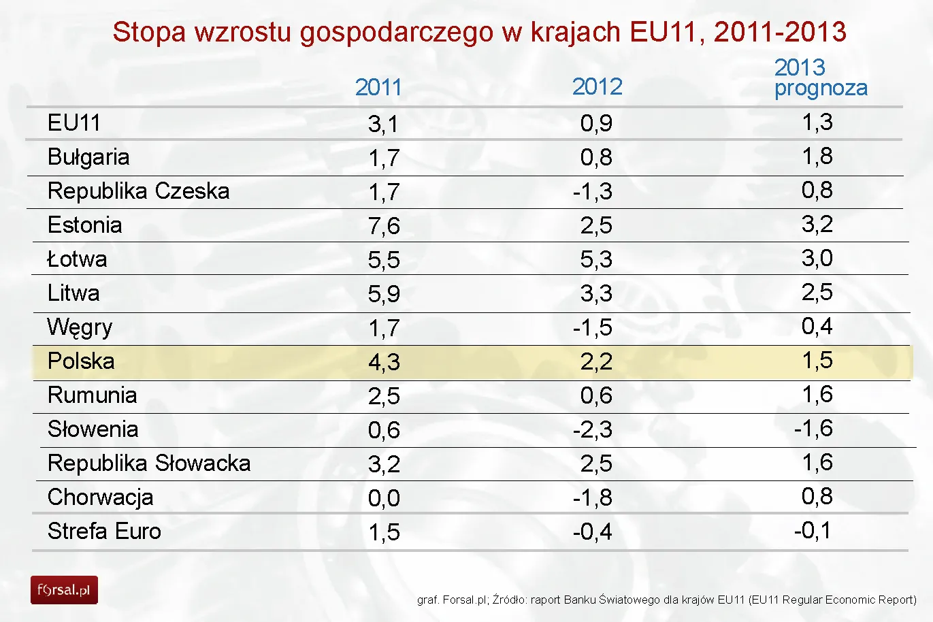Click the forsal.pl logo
pyautogui.click(x=64, y=590)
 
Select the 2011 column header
pyautogui.click(x=378, y=87)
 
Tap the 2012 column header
pyautogui.click(x=597, y=86)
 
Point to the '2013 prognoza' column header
pyautogui.click(x=821, y=78)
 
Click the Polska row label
pyautogui.click(x=81, y=361)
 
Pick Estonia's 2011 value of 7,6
pyautogui.click(x=384, y=226)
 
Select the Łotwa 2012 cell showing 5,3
pyautogui.click(x=596, y=259)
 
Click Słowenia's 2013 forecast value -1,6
pyautogui.click(x=813, y=428)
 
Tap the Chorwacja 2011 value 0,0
pyautogui.click(x=384, y=498)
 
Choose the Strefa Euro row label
pyautogui.click(x=104, y=531)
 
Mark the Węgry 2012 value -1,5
pyautogui.click(x=592, y=327)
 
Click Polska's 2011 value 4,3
pyautogui.click(x=384, y=362)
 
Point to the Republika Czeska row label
pyautogui.click(x=138, y=191)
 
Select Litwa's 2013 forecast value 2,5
pyautogui.click(x=817, y=292)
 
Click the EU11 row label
pyautogui.click(x=73, y=122)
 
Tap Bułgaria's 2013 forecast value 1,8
pyautogui.click(x=817, y=156)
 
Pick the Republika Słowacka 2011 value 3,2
pyautogui.click(x=384, y=464)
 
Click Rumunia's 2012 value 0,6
pyautogui.click(x=596, y=395)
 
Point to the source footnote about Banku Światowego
pyautogui.click(x=666, y=600)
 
